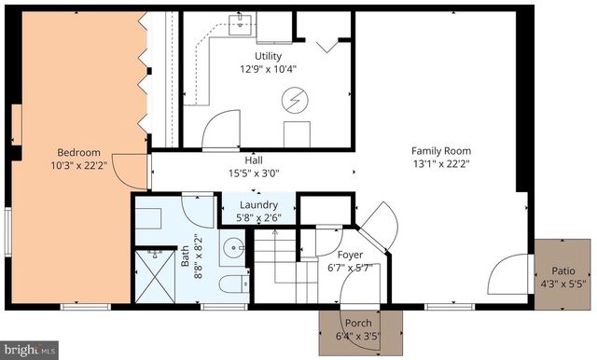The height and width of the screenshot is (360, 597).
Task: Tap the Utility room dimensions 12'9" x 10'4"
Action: pyautogui.click(x=268, y=69)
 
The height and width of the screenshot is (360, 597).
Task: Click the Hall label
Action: pyautogui.click(x=254, y=159)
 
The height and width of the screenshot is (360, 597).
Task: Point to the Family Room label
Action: pyautogui.click(x=440, y=151)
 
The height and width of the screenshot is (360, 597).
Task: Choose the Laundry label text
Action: pyautogui.click(x=257, y=205)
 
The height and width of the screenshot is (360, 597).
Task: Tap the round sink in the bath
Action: pyautogui.click(x=235, y=249)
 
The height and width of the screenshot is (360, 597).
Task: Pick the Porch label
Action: pyautogui.click(x=358, y=323)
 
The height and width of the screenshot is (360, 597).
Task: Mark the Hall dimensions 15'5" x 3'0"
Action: pyautogui.click(x=254, y=173)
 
